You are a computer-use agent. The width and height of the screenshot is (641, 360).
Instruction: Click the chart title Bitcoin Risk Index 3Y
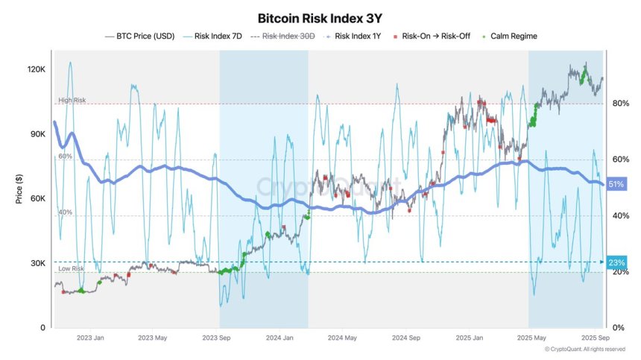click(320, 17)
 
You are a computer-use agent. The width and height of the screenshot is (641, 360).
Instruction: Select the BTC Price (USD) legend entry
click(142, 36)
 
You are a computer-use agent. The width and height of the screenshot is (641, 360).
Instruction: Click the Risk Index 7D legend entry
click(215, 36)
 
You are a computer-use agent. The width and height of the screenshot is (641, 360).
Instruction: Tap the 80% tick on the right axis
click(621, 104)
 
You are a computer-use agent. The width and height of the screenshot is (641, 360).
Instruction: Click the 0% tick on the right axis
click(619, 328)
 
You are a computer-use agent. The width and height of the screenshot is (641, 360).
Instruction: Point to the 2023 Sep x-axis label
click(216, 338)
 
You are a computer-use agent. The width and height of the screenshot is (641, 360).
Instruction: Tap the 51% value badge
click(617, 184)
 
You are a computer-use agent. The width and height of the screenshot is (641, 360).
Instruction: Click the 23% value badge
click(617, 262)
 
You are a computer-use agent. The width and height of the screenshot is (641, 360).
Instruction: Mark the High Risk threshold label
click(72, 100)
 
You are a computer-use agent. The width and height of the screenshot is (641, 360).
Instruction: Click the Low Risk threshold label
click(72, 268)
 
